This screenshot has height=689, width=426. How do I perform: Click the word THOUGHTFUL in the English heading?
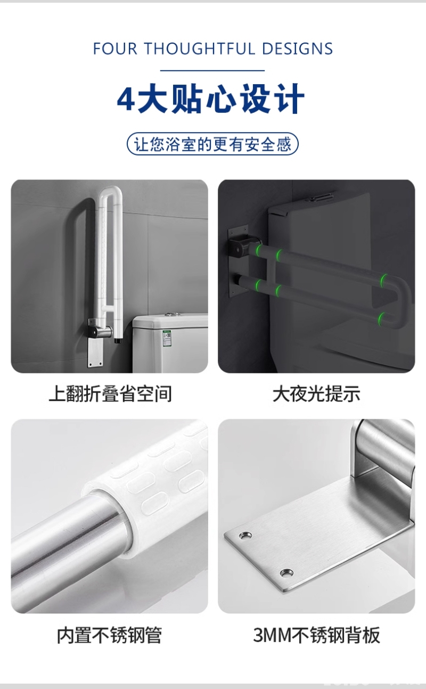point(200,48)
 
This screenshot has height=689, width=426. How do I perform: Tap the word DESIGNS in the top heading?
point(298,48)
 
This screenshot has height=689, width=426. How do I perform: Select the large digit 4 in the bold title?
point(126,99)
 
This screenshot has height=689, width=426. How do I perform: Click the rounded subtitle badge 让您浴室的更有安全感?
point(212,144)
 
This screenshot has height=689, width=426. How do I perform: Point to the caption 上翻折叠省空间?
point(110,393)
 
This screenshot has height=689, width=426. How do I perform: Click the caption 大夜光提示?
point(316,393)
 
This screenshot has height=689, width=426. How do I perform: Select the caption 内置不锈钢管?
point(110,635)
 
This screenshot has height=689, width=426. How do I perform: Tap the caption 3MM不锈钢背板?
point(316,635)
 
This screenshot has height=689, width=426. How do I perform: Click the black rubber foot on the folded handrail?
point(117,341)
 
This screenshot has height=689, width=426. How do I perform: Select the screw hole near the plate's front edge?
point(286,572)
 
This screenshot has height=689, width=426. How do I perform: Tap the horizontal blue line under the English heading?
point(212,70)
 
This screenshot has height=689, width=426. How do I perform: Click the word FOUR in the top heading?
point(114,48)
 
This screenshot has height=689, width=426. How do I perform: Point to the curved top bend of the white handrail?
point(110,192)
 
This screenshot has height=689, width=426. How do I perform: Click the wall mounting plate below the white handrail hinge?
point(95,351)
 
